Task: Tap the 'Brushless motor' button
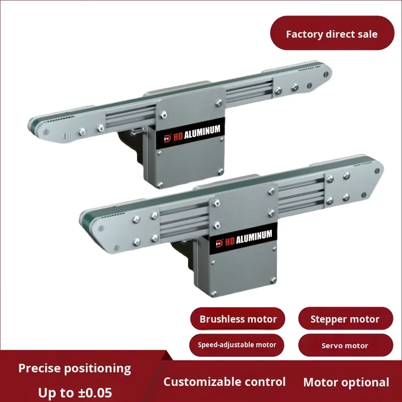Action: pos(238,319)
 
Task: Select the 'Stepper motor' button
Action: pos(345,319)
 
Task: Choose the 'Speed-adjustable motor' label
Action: pos(237,345)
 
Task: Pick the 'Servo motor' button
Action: pos(345,346)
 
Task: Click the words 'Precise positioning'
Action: pos(74,368)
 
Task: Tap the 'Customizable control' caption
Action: pos(225,382)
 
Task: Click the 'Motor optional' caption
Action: pos(346,382)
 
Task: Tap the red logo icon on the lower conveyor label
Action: pos(219,243)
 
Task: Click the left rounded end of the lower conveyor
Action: pos(88,220)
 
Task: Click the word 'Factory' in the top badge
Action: pos(304,34)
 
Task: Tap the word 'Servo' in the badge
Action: pos(332,346)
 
